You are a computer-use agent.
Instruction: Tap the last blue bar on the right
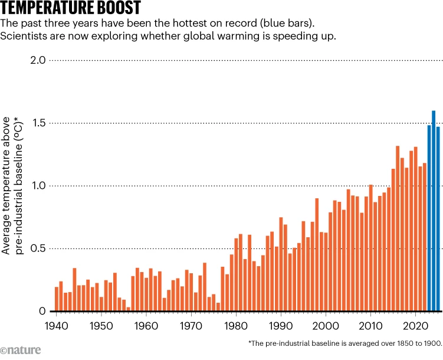(x=438, y=219)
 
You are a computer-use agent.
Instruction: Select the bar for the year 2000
(x=326, y=272)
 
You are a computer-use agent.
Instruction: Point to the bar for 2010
(x=370, y=248)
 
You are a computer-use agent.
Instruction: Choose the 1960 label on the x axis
(x=146, y=325)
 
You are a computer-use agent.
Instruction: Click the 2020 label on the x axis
(x=415, y=325)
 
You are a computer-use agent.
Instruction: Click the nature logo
(x=21, y=351)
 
